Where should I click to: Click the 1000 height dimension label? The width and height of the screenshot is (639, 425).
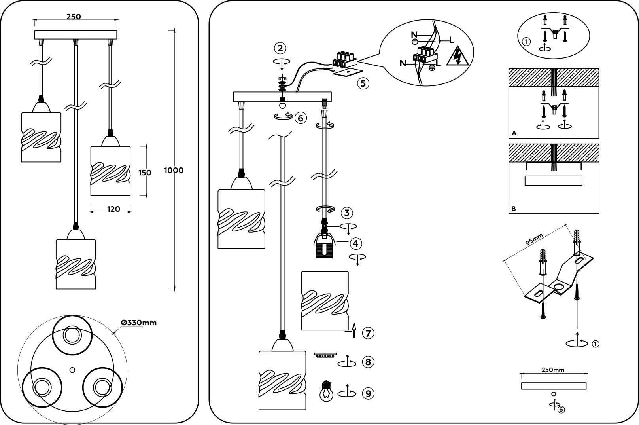coord(174,171)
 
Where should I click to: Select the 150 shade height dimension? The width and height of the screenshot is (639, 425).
coord(145,173)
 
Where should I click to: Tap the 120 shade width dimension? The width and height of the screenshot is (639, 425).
coord(113,209)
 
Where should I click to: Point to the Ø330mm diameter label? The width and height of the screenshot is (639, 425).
coord(139,323)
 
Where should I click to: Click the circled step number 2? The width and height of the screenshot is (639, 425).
coord(280,48)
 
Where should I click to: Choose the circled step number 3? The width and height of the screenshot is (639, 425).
coord(346,213)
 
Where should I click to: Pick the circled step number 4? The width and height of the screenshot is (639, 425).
coord(356,243)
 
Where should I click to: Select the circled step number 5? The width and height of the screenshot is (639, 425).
coord(363,83)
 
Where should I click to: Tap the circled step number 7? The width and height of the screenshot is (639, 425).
coord(368,333)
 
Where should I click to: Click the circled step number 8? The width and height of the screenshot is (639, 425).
coord(368,362)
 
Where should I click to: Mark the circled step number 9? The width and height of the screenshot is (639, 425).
coord(368,393)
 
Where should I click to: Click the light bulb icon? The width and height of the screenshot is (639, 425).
coord(326,391)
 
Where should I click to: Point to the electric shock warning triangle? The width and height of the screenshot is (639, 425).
coord(458,57)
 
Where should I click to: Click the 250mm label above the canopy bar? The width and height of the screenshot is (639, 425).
coord(553,370)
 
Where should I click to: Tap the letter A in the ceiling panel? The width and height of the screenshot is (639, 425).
coord(514,133)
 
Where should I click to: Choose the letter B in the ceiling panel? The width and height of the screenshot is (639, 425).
coord(514,209)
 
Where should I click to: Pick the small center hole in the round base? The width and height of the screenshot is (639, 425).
coord(72,370)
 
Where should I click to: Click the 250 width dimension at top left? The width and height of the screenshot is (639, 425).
coord(74,17)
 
